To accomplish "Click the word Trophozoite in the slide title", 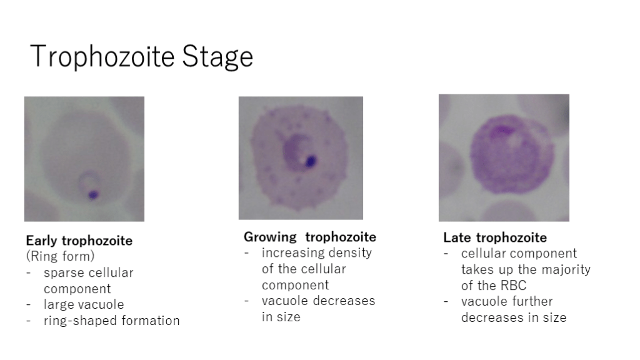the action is (102, 56).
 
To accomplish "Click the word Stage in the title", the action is (217, 56).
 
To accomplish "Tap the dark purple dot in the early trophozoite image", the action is (94, 195).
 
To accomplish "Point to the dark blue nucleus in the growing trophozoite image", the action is (311, 161).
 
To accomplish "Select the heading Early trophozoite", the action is (79, 241).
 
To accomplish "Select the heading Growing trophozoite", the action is (310, 237).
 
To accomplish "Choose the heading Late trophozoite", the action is (495, 237).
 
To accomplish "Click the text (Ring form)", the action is (61, 256).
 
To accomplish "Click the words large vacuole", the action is (84, 304).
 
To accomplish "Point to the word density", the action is (350, 253).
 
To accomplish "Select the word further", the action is (533, 301).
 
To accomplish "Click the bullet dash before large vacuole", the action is (28, 305).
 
